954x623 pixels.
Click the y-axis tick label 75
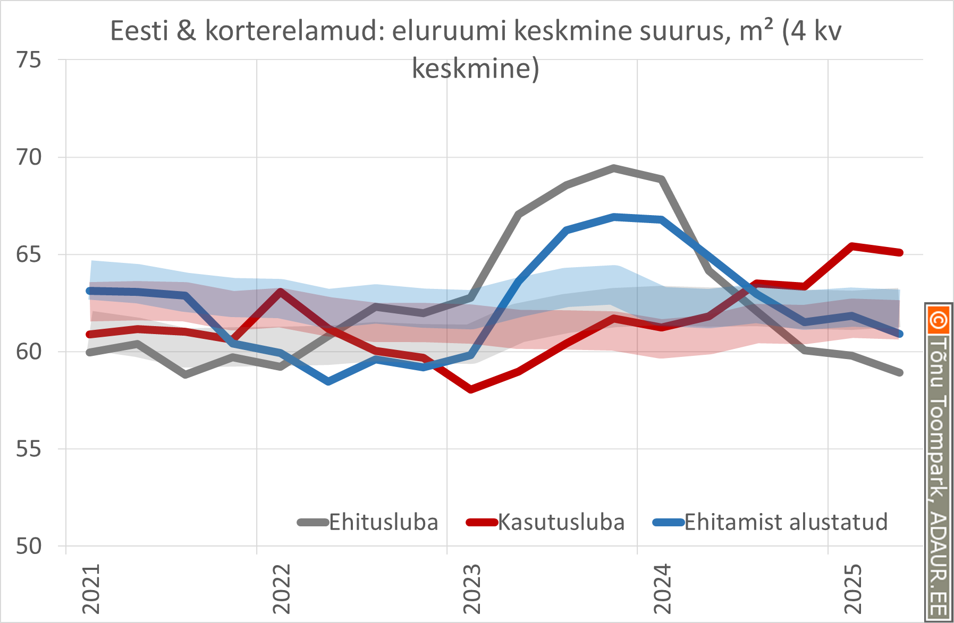pos(29,61)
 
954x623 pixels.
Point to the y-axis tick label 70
pos(29,158)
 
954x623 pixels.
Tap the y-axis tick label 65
pos(29,255)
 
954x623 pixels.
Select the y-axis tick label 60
pos(29,352)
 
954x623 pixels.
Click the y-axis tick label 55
pos(29,449)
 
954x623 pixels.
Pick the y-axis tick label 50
pos(29,547)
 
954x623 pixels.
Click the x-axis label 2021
pos(91,589)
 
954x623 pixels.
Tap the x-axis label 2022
pos(282,589)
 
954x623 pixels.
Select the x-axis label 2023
pos(472,589)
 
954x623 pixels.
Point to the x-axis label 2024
pos(662,589)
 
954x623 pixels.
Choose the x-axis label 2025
pos(853,589)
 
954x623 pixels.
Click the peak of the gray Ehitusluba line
pos(614,168)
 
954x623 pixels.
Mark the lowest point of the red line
pos(471,389)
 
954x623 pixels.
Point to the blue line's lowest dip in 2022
pos(328,381)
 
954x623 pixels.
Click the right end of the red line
pos(900,252)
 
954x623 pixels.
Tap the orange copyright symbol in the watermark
pos(938,320)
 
